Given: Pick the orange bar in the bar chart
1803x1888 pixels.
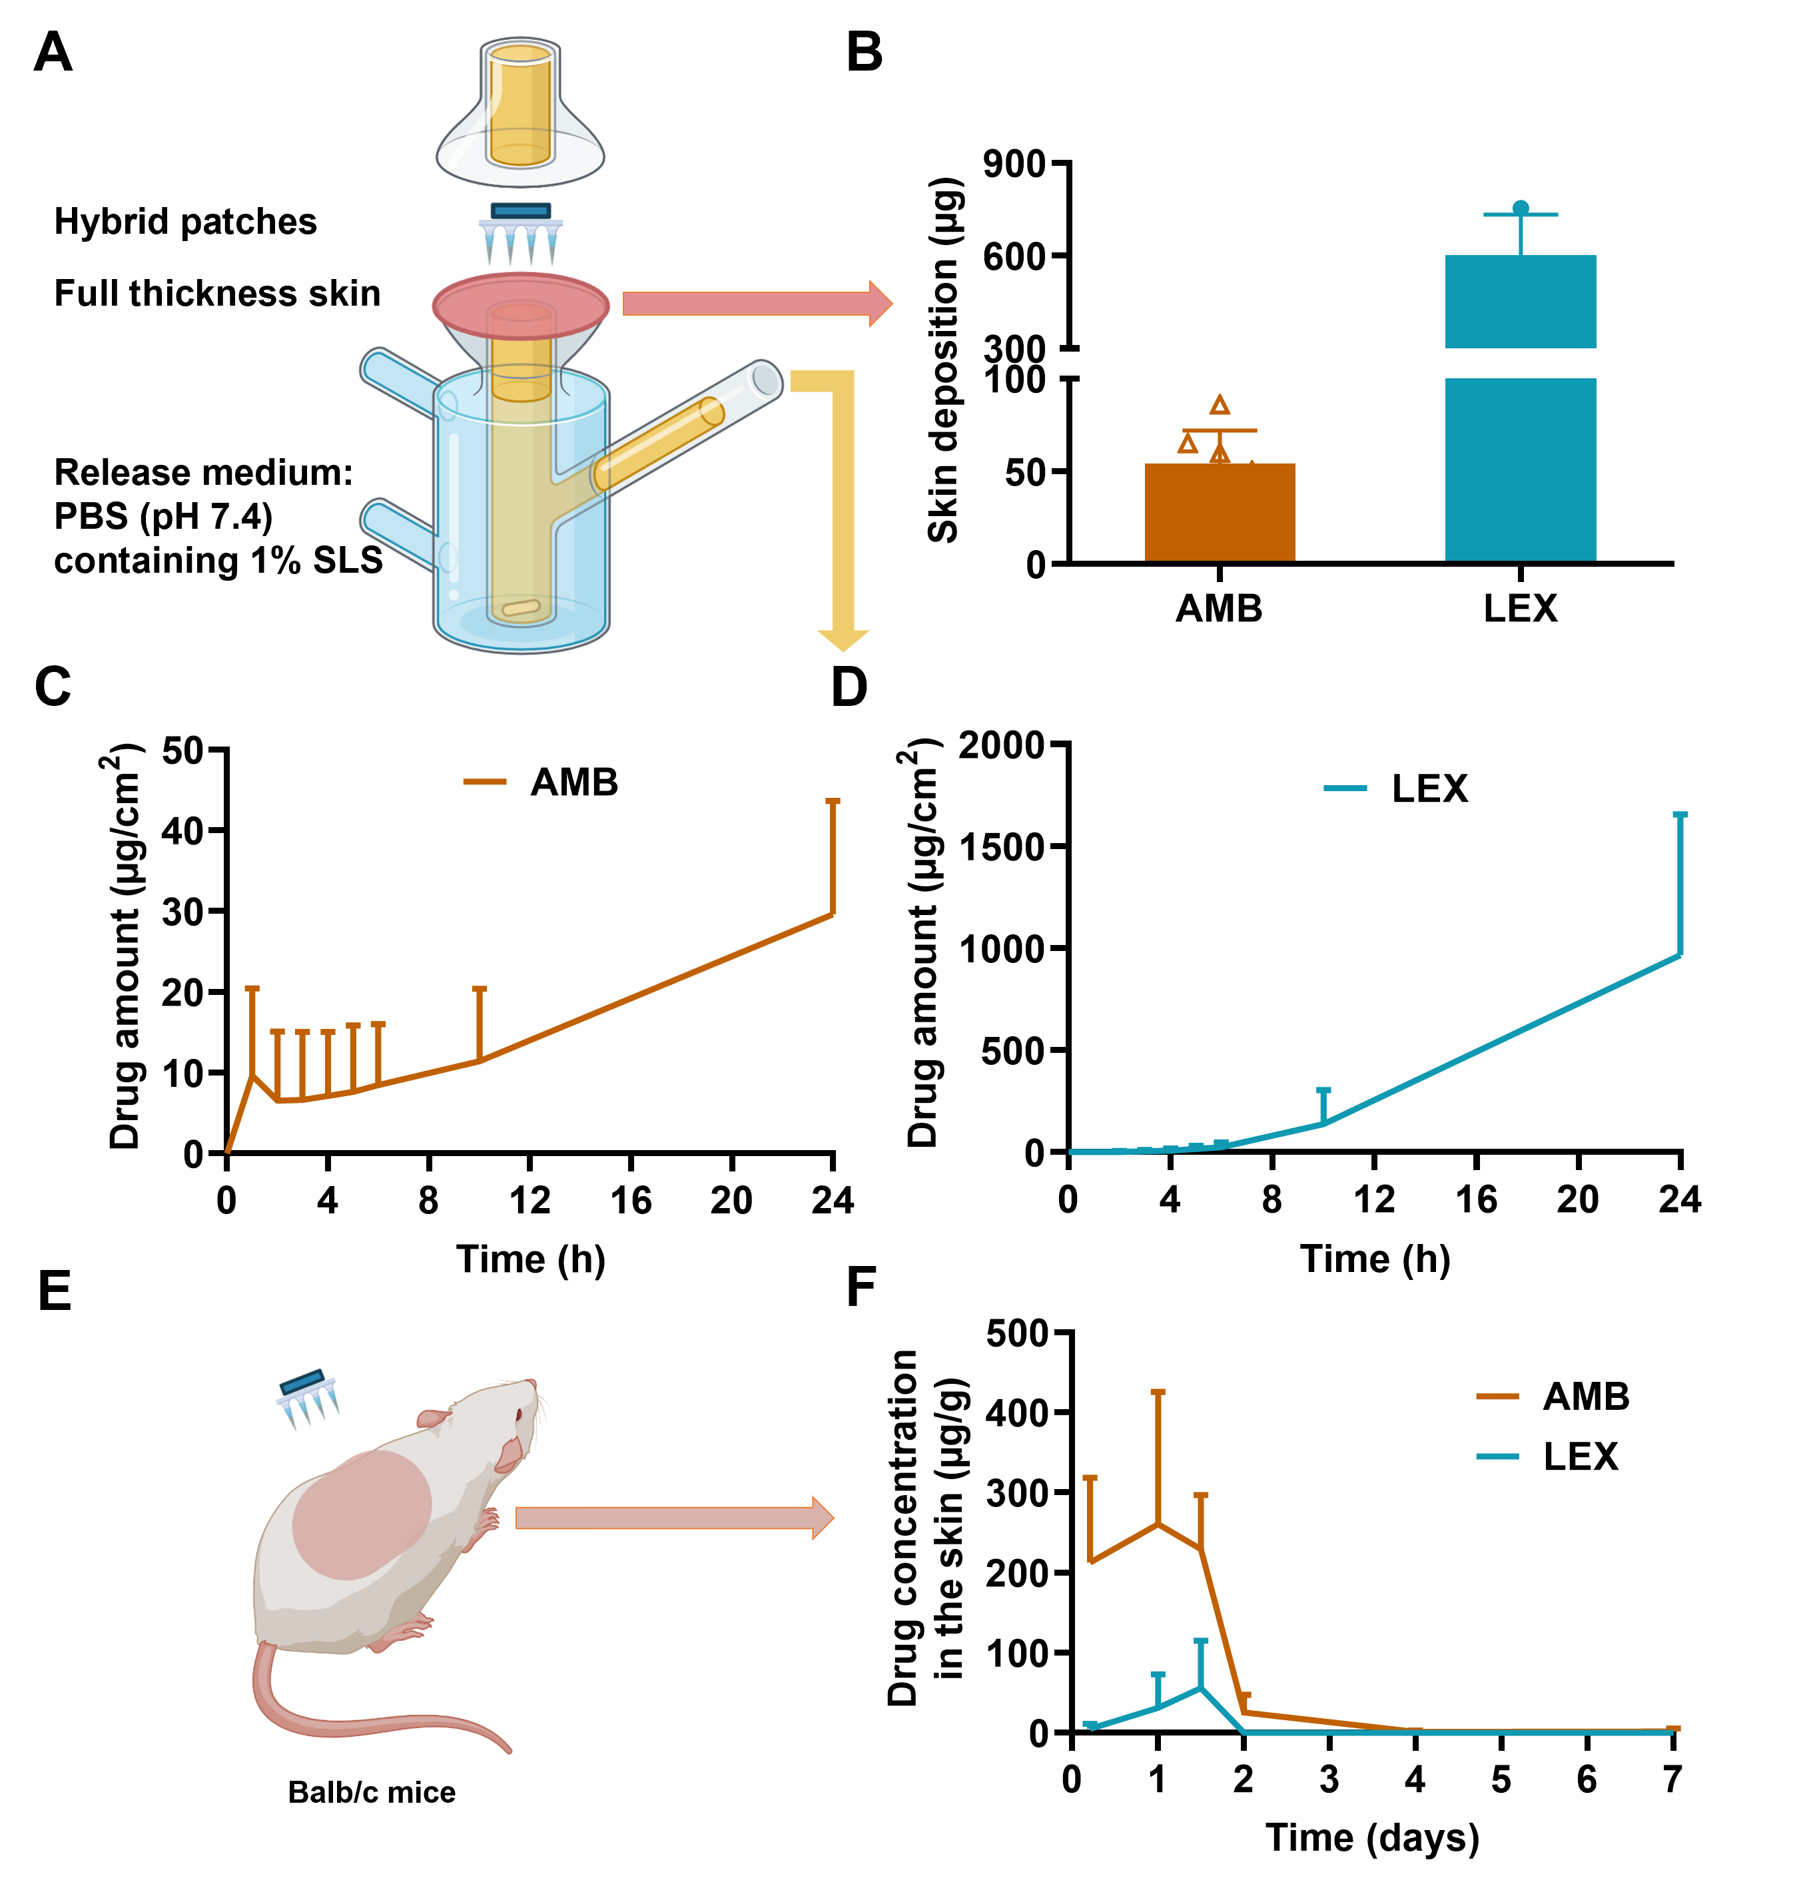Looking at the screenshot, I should tap(1220, 511).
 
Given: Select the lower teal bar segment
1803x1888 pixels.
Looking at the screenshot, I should tap(1521, 469).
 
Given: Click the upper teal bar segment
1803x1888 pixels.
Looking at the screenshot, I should tap(1521, 301).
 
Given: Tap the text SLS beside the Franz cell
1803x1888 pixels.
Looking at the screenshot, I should tap(347, 560).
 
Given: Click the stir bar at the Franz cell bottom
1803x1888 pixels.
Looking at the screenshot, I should tap(521, 607).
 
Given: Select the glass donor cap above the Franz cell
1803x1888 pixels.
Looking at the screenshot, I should tap(520, 115).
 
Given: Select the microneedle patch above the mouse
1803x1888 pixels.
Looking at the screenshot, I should tap(308, 1397).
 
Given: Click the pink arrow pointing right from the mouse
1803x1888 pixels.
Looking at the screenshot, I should tap(673, 1518).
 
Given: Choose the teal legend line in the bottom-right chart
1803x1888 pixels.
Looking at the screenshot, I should tap(1497, 1456).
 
